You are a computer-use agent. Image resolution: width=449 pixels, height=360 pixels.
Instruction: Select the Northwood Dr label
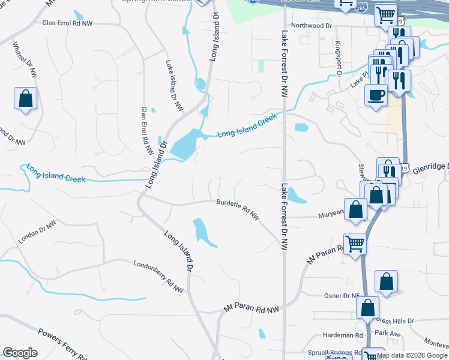click(312, 26)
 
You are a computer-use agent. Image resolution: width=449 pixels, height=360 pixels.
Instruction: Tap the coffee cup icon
click(376, 96)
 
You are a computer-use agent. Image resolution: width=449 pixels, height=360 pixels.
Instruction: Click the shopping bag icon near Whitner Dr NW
click(26, 99)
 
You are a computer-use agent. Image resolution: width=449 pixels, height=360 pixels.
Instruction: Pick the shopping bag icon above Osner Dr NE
click(387, 282)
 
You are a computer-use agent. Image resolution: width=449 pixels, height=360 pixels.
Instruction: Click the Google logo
click(20, 353)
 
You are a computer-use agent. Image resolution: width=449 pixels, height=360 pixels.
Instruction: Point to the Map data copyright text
click(412, 355)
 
